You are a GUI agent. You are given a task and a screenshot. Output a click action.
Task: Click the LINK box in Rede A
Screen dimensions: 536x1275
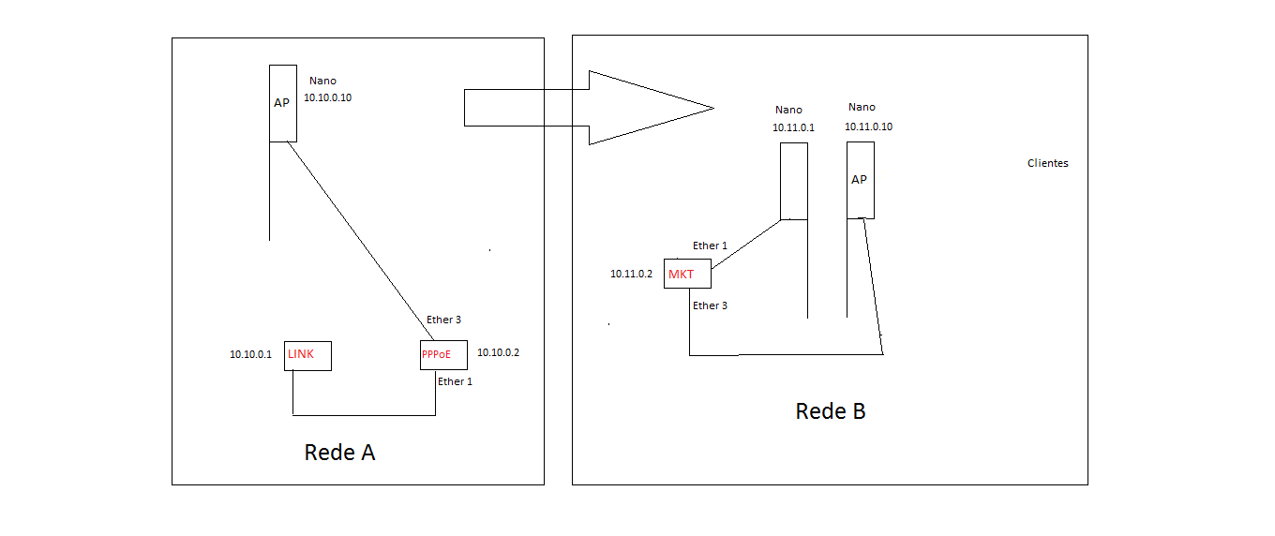(x=307, y=356)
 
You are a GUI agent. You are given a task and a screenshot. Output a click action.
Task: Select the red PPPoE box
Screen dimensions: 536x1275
(x=443, y=355)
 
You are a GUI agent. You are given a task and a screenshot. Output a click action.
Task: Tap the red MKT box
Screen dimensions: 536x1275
(x=687, y=274)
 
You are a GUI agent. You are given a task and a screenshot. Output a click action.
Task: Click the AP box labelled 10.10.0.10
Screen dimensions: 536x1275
(x=283, y=103)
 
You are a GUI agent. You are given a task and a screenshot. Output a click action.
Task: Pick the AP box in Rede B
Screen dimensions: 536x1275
(x=860, y=180)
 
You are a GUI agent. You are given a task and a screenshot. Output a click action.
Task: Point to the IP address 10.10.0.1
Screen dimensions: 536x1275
(x=250, y=354)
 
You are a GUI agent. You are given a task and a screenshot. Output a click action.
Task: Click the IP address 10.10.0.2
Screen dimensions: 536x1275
(x=498, y=353)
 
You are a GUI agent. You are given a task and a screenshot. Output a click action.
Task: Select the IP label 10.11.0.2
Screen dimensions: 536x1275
(x=631, y=274)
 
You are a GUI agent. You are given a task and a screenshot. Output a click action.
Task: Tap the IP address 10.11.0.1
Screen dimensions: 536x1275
(x=793, y=127)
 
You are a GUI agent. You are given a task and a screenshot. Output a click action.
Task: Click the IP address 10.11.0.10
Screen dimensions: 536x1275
(x=868, y=127)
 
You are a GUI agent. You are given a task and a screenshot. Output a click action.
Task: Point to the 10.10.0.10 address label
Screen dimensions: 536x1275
(x=327, y=97)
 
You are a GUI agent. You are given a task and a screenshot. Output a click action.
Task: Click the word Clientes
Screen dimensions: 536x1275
(x=1047, y=163)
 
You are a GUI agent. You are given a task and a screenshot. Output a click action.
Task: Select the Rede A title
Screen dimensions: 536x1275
(x=339, y=453)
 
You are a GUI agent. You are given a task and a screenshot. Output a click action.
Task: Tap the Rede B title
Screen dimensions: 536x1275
(x=830, y=411)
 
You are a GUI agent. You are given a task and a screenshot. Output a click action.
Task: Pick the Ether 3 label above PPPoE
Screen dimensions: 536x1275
(x=443, y=320)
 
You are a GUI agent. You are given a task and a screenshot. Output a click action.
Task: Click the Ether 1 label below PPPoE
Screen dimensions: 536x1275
(x=455, y=381)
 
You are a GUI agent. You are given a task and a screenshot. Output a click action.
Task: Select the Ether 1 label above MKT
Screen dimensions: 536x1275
(x=710, y=246)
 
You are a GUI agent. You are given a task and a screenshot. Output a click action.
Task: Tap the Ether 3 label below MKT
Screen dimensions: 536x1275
(x=710, y=305)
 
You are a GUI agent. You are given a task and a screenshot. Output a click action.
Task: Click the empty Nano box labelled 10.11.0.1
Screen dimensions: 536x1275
(x=794, y=181)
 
